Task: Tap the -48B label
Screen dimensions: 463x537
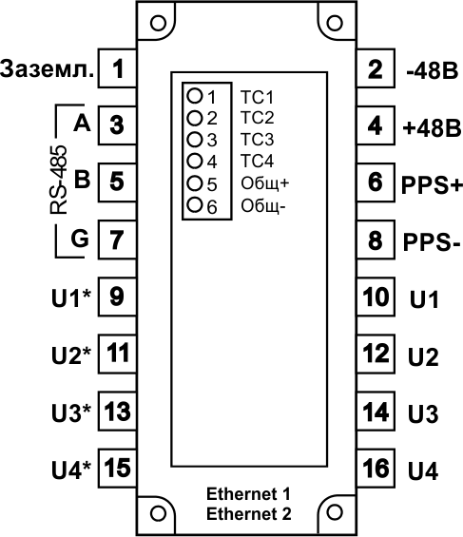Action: tap(432, 71)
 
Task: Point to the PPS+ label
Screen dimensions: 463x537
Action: tap(432, 185)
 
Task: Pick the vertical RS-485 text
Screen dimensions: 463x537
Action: tap(58, 180)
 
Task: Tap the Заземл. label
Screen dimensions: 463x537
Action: tap(47, 68)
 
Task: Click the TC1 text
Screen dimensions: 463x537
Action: tap(258, 97)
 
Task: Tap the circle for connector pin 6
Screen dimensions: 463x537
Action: tap(195, 204)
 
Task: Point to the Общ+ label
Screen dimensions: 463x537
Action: tap(264, 183)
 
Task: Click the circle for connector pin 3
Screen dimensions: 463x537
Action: tap(195, 139)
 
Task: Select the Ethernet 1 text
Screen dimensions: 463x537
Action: tap(248, 494)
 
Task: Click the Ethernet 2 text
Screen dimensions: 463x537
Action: tap(249, 513)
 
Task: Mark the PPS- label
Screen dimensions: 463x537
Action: tap(432, 241)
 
